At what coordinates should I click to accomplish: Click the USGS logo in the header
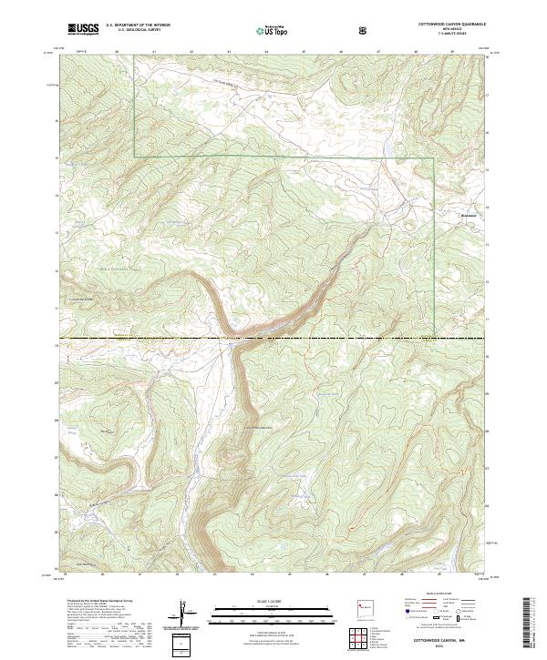[83, 29]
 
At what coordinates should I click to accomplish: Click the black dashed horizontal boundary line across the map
[273, 340]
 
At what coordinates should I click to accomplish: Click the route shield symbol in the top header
[364, 29]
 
